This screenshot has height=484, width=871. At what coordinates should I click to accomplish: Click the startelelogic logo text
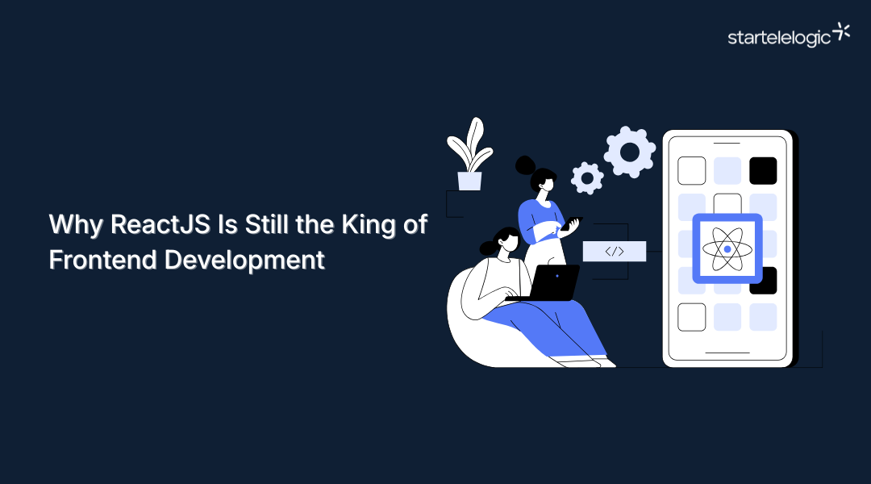tap(778, 38)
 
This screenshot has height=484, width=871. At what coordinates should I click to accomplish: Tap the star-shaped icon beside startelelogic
tap(841, 31)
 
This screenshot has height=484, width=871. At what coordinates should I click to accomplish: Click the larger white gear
tap(630, 152)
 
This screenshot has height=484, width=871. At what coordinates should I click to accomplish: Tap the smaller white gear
tap(587, 177)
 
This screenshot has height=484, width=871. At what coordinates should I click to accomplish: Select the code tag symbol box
tap(615, 251)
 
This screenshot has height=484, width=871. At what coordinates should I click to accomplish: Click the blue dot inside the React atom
tap(727, 249)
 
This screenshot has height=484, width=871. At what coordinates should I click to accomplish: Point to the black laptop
tap(555, 282)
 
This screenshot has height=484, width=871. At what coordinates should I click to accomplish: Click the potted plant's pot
tap(469, 181)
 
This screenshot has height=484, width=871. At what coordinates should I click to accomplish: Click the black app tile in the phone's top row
tap(763, 170)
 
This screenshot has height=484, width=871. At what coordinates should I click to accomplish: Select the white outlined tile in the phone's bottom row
tap(691, 317)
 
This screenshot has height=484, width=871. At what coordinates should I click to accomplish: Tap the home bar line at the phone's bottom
tap(727, 353)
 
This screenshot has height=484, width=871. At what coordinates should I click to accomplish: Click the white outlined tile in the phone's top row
tap(691, 170)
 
